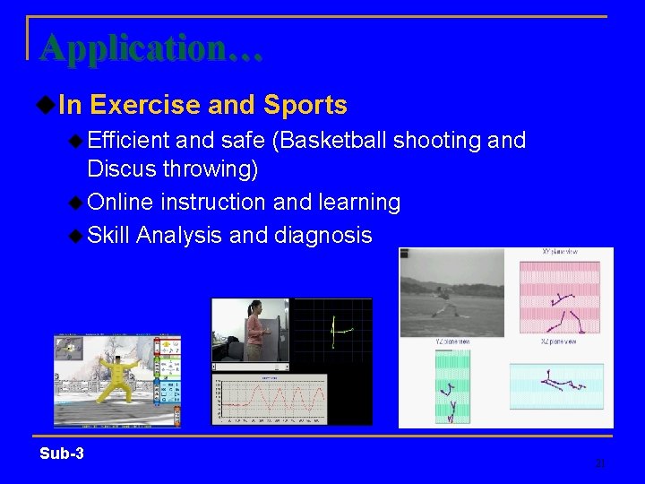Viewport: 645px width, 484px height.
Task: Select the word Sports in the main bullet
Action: point(305,106)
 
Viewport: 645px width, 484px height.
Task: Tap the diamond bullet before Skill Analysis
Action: point(76,236)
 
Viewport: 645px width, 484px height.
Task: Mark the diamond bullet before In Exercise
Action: point(47,106)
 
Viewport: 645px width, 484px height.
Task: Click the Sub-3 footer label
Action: point(62,454)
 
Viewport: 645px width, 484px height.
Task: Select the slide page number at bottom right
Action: point(600,463)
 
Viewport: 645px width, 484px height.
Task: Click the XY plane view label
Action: point(560,253)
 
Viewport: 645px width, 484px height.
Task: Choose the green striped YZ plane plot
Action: point(451,385)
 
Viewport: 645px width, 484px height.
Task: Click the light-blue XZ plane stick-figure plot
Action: point(559,385)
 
